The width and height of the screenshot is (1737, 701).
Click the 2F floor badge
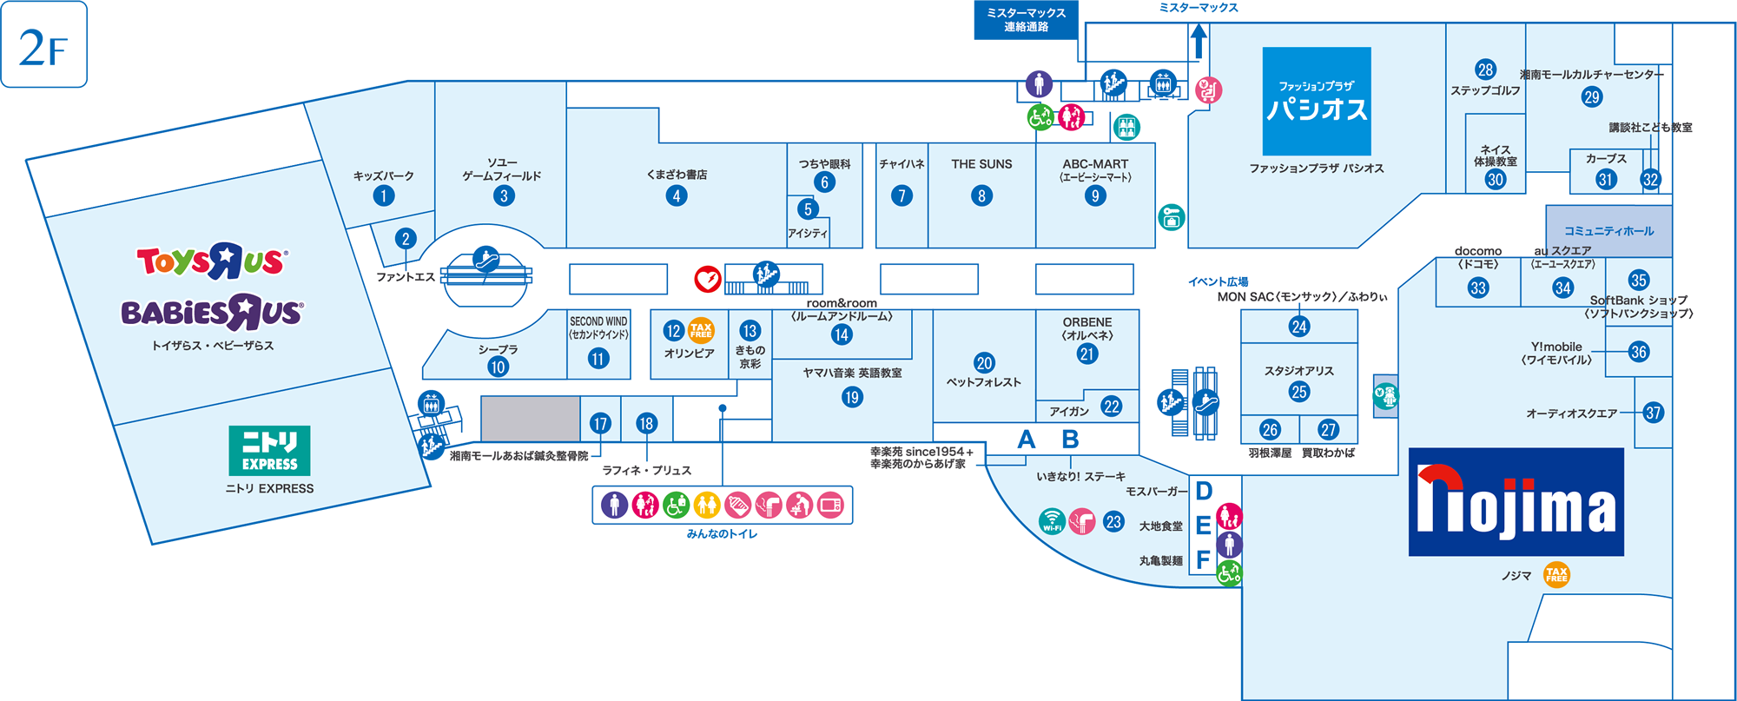pyautogui.click(x=44, y=45)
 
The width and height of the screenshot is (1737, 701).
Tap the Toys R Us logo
pyautogui.click(x=211, y=261)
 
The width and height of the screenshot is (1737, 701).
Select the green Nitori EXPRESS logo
pyautogui.click(x=269, y=450)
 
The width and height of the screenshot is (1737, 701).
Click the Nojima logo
pyautogui.click(x=1516, y=502)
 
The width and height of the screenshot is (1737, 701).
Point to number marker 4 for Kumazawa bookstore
pyautogui.click(x=677, y=195)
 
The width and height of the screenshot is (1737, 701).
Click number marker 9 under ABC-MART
pyautogui.click(x=1095, y=195)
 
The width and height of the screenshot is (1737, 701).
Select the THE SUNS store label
pyautogui.click(x=981, y=164)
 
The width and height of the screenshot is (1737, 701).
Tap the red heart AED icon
pyautogui.click(x=708, y=279)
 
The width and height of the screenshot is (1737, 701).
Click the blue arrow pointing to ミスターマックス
pyautogui.click(x=1199, y=41)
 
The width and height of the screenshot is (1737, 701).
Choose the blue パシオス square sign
pyautogui.click(x=1317, y=101)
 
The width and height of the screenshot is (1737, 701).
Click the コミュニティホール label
pyautogui.click(x=1608, y=231)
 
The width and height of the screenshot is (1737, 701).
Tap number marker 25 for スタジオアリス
pyautogui.click(x=1299, y=392)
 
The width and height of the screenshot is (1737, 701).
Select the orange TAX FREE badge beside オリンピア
pyautogui.click(x=701, y=330)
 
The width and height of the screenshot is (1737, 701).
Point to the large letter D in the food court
pyautogui.click(x=1204, y=492)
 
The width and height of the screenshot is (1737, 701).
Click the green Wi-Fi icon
pyautogui.click(x=1052, y=522)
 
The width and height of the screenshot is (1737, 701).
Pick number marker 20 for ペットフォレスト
pyautogui.click(x=984, y=363)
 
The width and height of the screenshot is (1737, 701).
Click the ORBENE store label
pyautogui.click(x=1086, y=322)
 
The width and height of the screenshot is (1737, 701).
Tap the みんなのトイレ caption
pyautogui.click(x=722, y=534)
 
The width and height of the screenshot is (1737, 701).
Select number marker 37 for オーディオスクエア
pyautogui.click(x=1654, y=413)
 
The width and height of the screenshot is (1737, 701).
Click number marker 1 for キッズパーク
pyautogui.click(x=384, y=195)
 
